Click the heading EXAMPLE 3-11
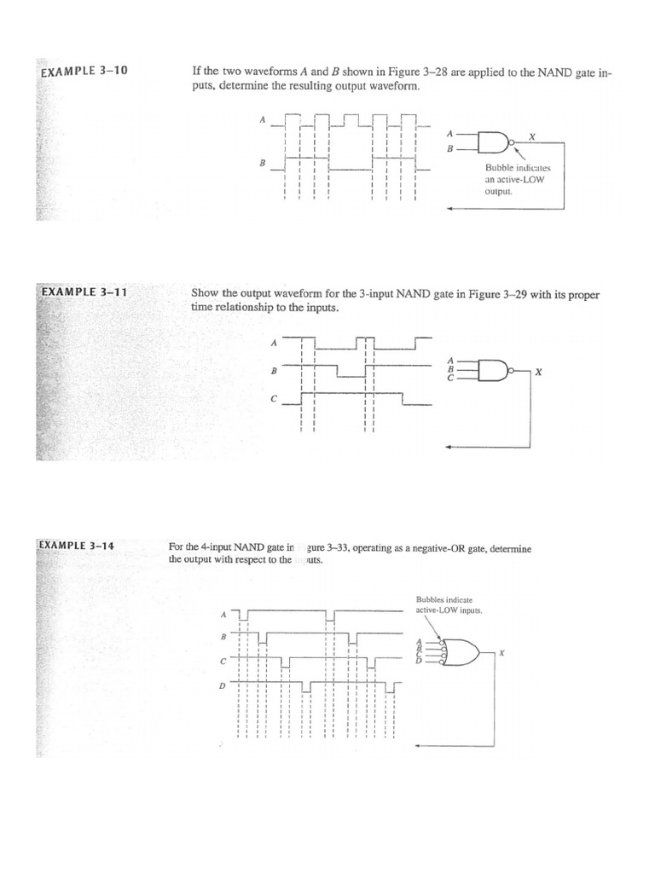[84, 292]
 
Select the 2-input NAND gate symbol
[493, 142]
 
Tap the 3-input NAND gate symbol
[494, 368]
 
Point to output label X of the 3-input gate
[538, 373]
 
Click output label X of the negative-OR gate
[502, 653]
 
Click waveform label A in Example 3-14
[223, 614]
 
